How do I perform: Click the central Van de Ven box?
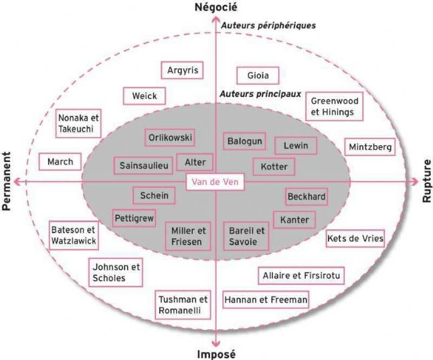click(x=215, y=182)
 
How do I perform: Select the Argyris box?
click(x=182, y=70)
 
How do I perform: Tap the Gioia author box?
click(x=258, y=76)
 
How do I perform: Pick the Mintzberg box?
click(x=370, y=147)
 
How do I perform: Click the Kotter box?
click(x=274, y=167)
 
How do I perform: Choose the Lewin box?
click(x=296, y=145)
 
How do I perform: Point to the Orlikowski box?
click(x=170, y=137)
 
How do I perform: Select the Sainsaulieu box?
click(x=144, y=166)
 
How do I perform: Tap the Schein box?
click(x=154, y=196)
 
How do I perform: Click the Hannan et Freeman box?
click(x=266, y=300)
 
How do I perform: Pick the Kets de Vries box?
click(x=355, y=238)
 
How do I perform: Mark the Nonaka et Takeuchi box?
click(x=78, y=123)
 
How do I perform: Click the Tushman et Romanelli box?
click(x=183, y=304)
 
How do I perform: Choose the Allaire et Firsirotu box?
click(x=301, y=276)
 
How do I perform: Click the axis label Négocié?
click(x=215, y=7)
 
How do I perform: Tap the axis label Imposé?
click(x=217, y=354)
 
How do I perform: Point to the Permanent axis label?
click(x=6, y=181)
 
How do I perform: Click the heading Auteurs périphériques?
click(x=268, y=25)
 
